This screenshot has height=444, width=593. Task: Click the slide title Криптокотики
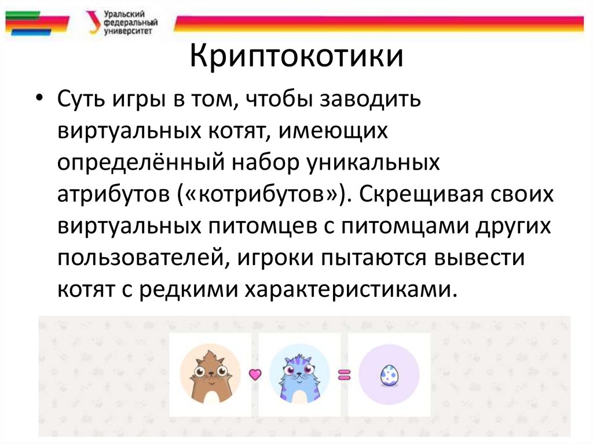coord(296,59)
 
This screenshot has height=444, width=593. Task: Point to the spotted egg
coord(388,375)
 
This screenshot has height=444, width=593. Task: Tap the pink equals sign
coord(345,375)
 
